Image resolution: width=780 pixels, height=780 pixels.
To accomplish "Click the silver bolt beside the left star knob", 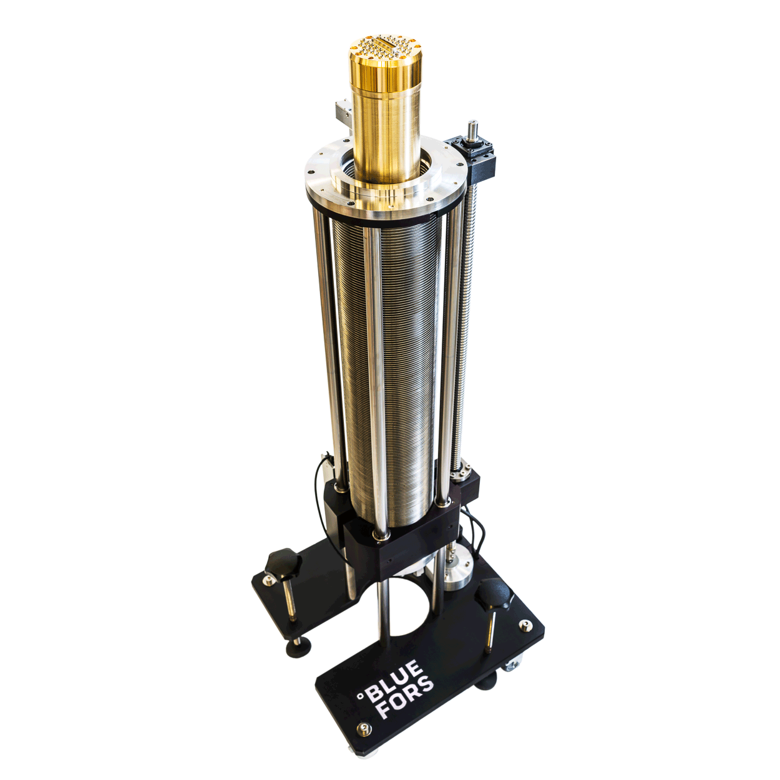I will (268, 580).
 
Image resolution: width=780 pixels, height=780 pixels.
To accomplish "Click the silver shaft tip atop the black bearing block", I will (472, 125).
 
